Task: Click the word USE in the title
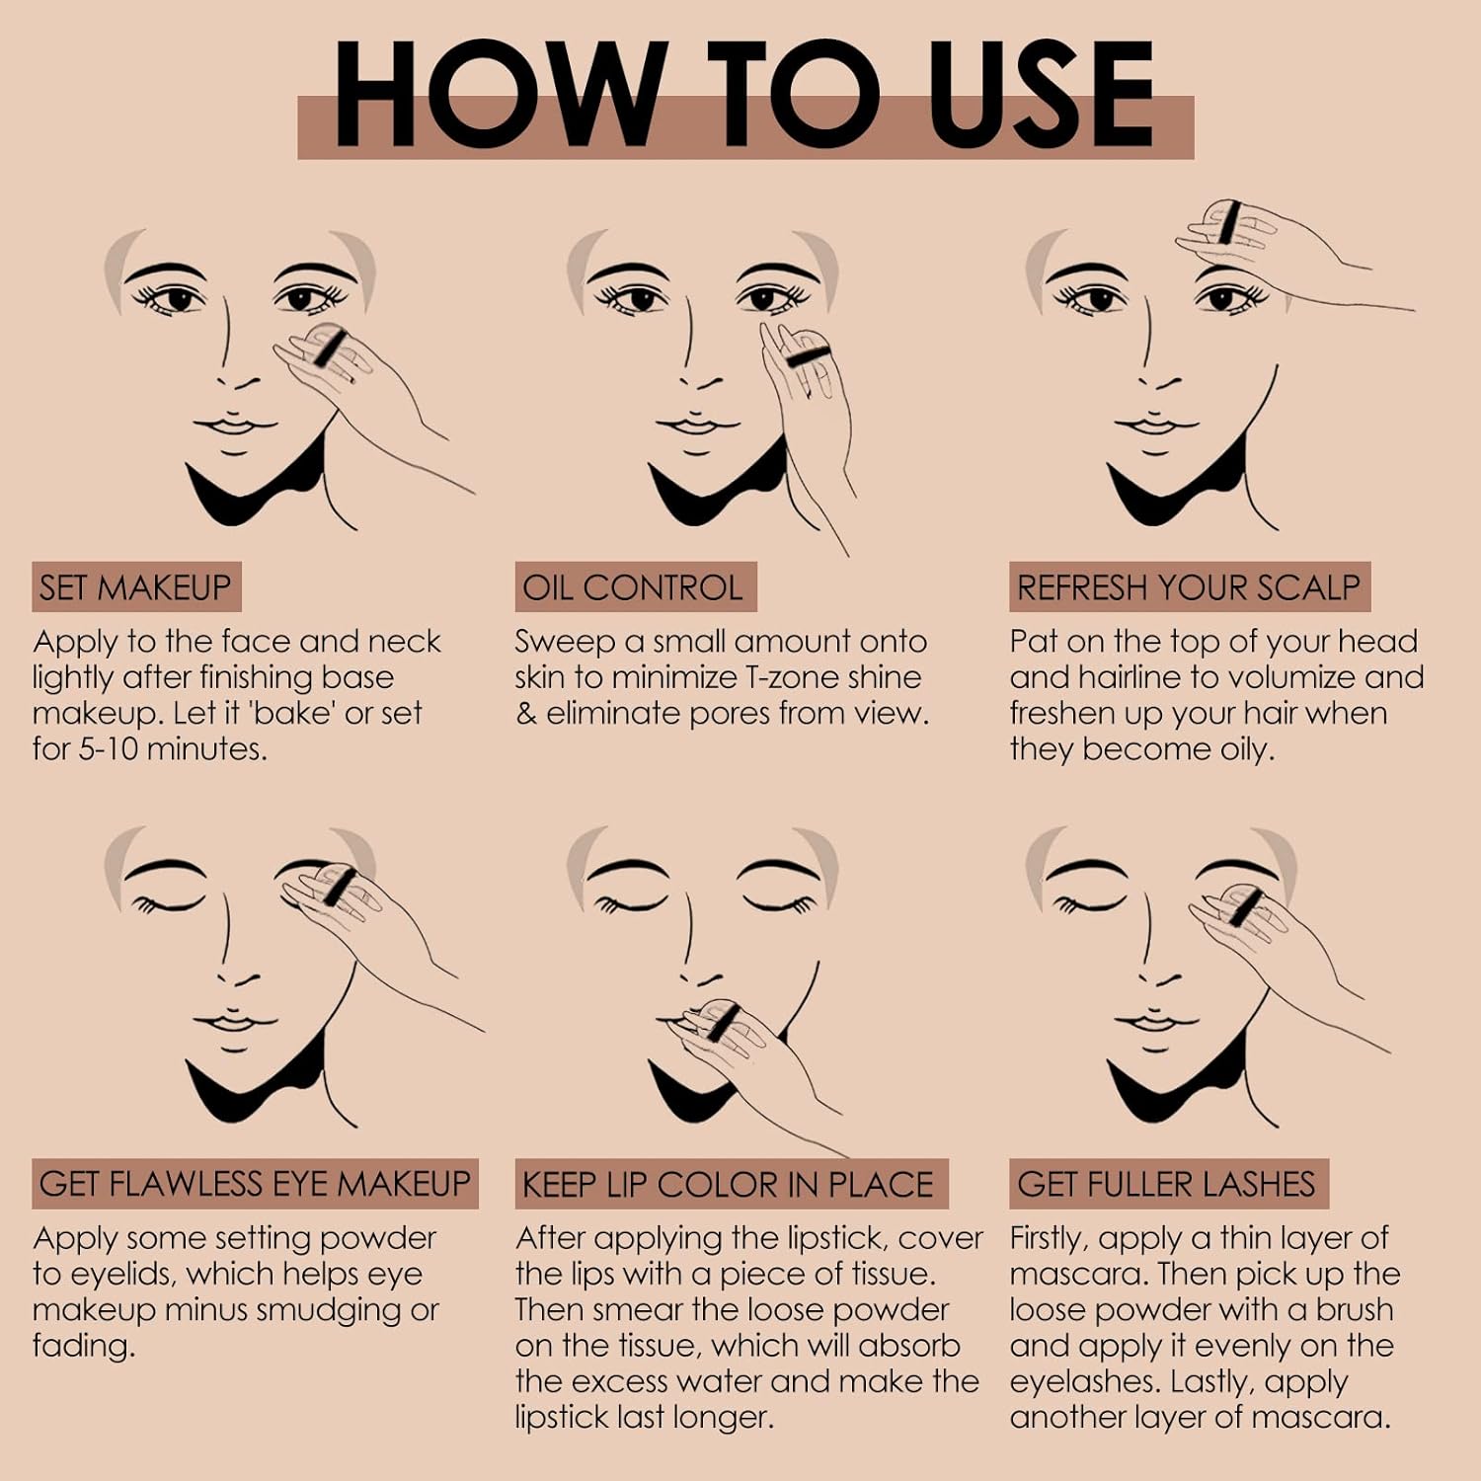click(x=1041, y=95)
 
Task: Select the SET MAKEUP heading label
click(x=136, y=587)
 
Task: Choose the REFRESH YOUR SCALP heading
click(x=1190, y=587)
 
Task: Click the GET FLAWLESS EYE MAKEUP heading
click(x=255, y=1184)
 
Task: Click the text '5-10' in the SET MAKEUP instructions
click(x=106, y=749)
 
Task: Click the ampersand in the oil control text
click(x=526, y=714)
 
